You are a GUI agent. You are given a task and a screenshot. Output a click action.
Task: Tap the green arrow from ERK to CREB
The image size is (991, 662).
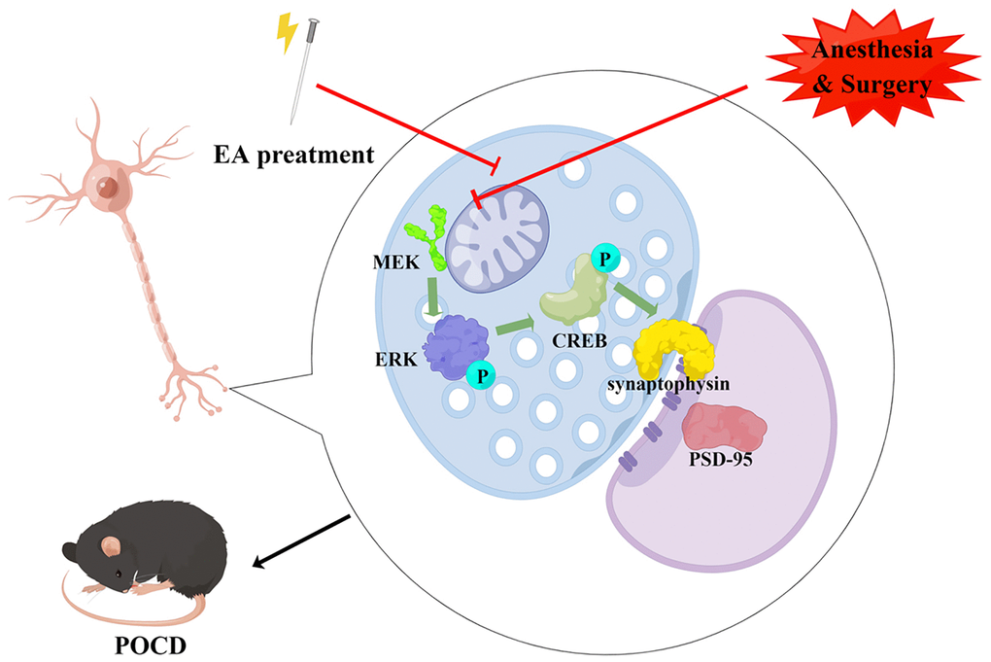(x=517, y=327)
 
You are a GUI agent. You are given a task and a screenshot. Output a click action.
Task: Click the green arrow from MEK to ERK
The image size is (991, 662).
(x=428, y=292)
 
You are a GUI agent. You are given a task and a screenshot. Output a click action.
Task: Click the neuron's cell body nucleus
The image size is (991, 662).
(x=110, y=186)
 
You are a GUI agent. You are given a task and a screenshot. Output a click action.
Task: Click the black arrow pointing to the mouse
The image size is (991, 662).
(x=301, y=541)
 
